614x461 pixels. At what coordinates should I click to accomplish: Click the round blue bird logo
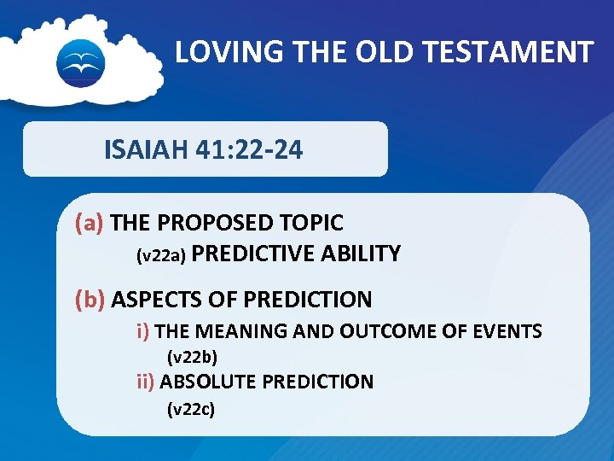click(x=80, y=62)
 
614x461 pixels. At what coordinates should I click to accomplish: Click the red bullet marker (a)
click(x=90, y=224)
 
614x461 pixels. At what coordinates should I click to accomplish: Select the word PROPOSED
click(x=210, y=224)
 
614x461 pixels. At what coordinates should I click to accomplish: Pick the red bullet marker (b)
click(x=90, y=300)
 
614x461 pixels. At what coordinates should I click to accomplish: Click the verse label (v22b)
click(x=192, y=356)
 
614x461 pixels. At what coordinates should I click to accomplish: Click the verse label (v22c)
click(x=191, y=410)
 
